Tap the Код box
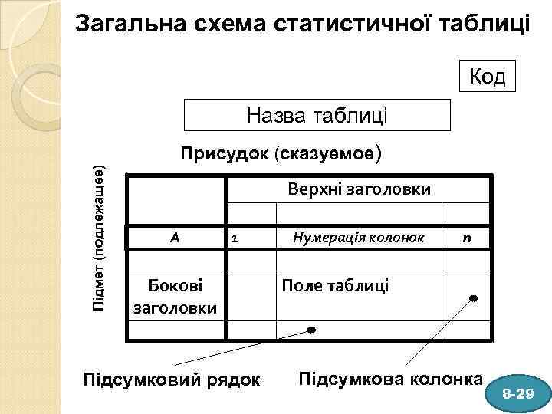(x=486, y=77)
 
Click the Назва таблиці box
(x=317, y=116)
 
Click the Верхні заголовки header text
(x=359, y=189)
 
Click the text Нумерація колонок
(x=358, y=238)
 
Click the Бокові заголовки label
(x=176, y=297)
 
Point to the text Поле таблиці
(x=335, y=286)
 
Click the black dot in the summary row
(x=311, y=330)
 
